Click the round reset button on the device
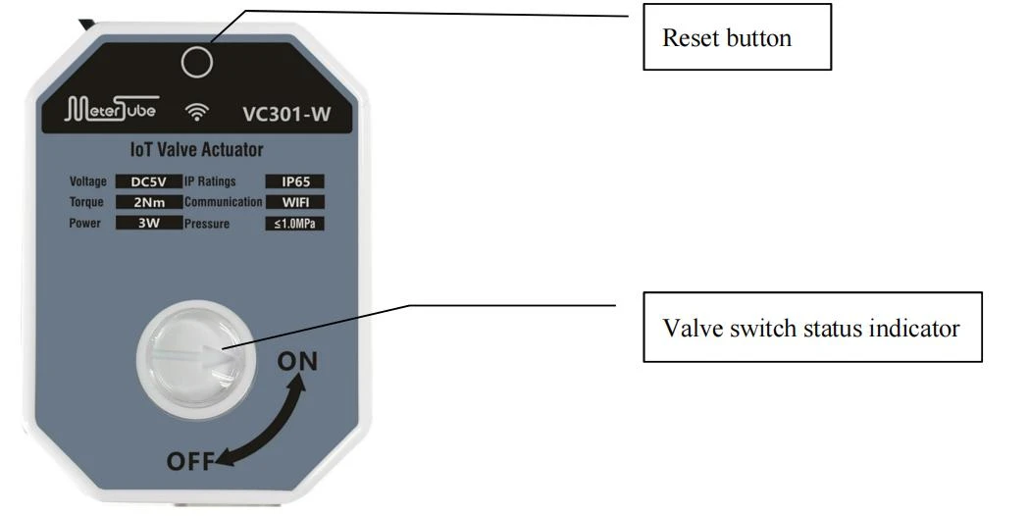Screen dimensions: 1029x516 (197, 63)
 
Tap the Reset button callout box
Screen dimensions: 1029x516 (737, 36)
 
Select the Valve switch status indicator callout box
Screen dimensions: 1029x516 (812, 327)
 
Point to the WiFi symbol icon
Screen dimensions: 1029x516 (196, 112)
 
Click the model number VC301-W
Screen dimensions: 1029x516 (286, 114)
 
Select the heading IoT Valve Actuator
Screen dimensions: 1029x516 (197, 150)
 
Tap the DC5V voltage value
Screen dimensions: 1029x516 (149, 181)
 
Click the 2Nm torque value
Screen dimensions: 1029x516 (149, 202)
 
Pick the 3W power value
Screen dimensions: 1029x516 (149, 223)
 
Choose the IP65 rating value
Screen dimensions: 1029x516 (294, 181)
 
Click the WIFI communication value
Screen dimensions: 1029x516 (294, 202)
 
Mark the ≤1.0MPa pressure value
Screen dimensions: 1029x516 (294, 224)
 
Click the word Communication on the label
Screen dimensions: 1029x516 (223, 202)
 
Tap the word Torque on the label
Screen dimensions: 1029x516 (86, 202)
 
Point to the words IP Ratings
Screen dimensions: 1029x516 (210, 181)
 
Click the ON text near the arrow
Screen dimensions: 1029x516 (297, 362)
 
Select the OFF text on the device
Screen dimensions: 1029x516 (190, 461)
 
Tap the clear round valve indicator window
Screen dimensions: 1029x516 (196, 360)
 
